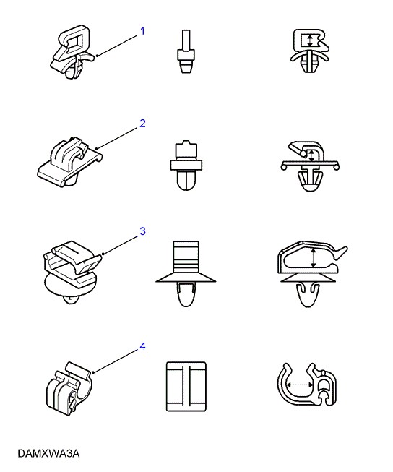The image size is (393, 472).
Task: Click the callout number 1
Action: point(142,31)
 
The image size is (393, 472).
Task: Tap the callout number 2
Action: point(142,124)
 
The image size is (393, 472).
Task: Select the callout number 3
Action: point(142,231)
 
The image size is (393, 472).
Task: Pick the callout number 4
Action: point(142,346)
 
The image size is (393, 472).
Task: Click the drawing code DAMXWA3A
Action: point(48,453)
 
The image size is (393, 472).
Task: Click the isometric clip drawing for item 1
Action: point(73,52)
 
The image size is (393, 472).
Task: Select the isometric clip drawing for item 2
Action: point(70,162)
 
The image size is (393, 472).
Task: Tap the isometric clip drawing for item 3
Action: point(72,272)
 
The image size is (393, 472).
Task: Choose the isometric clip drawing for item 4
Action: point(69,389)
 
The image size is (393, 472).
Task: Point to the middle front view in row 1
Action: point(186,51)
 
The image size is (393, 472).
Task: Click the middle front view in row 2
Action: point(186,166)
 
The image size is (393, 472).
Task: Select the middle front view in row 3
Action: point(186,274)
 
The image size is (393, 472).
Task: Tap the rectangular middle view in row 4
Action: point(186,387)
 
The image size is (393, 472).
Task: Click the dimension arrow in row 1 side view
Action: point(310,40)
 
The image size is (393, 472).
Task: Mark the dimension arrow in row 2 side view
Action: point(311,155)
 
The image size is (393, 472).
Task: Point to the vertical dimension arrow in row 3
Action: point(314,258)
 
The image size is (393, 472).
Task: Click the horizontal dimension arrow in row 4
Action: point(300,385)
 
